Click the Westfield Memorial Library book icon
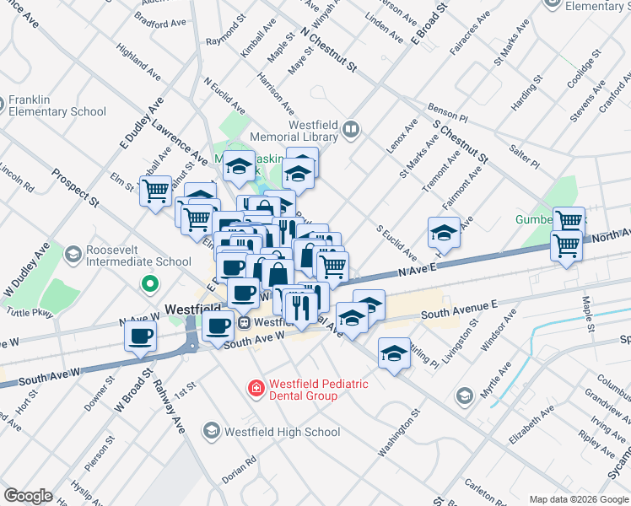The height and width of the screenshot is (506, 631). [352, 130]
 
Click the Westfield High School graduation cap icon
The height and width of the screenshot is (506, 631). [211, 432]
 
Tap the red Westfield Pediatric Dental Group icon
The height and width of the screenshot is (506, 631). [254, 389]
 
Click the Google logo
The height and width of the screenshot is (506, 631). [28, 496]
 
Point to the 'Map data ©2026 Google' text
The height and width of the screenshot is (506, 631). [578, 499]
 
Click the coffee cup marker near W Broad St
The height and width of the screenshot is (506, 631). [140, 336]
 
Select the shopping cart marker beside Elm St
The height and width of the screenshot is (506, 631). [155, 191]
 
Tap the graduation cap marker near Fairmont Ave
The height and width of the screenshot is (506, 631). [444, 231]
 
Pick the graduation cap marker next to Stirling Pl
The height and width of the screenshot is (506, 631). [394, 353]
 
